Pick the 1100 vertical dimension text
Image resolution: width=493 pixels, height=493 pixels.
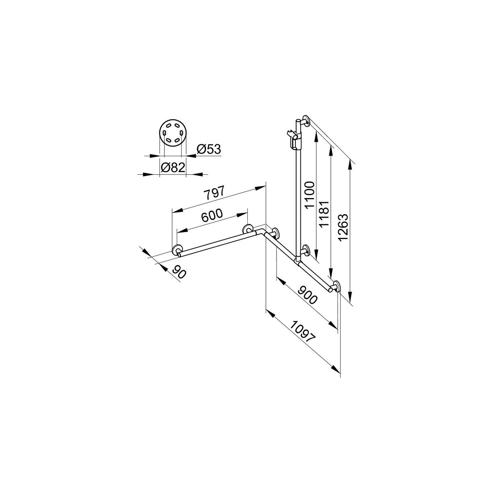[x=309, y=194]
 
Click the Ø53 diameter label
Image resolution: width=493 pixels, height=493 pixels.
[x=209, y=150]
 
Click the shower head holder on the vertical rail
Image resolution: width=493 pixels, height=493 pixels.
[x=295, y=139]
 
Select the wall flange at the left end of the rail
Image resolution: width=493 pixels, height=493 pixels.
[x=177, y=250]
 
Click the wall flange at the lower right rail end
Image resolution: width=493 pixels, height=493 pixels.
[x=336, y=286]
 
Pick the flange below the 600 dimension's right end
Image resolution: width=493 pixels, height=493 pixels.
[x=248, y=229]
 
